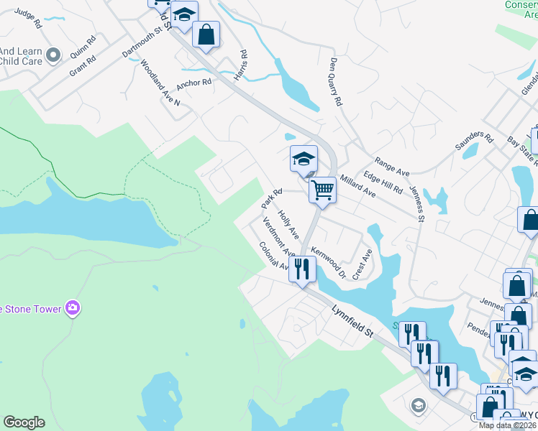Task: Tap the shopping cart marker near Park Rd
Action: [x=323, y=191]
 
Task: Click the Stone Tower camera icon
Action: [x=72, y=308]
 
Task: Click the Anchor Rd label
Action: [x=194, y=83]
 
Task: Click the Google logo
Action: [x=24, y=422]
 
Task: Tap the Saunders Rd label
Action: [x=474, y=141]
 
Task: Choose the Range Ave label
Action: [x=391, y=168]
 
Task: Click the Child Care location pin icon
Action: [x=53, y=55]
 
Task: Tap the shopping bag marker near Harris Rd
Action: [x=206, y=34]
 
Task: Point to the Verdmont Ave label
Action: [x=279, y=237]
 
